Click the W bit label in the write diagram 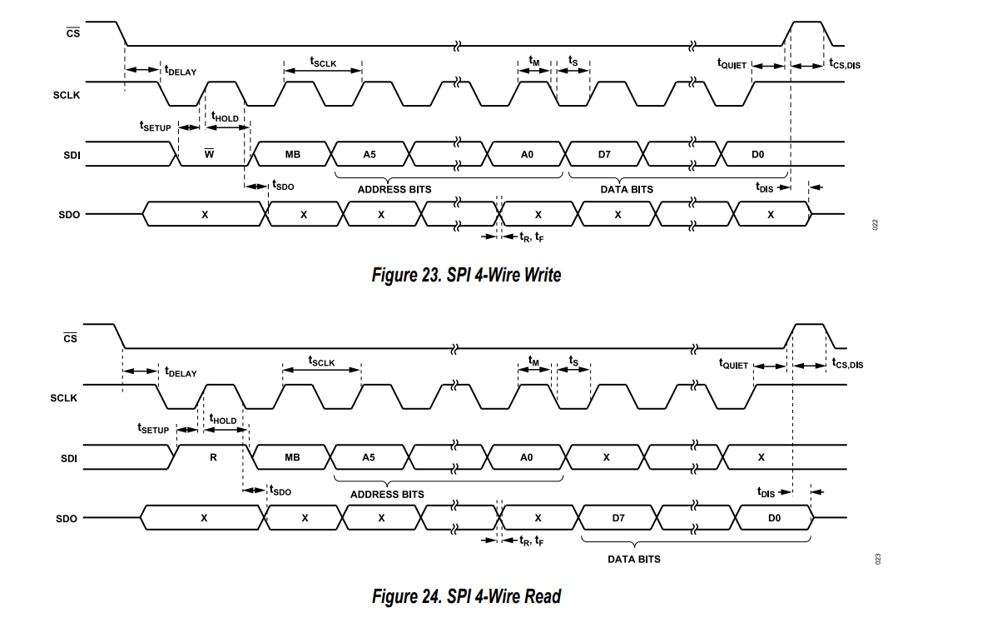(x=209, y=153)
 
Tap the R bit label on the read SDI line (x=213, y=457)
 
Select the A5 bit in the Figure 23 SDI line (x=370, y=154)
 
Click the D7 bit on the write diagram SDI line (x=604, y=154)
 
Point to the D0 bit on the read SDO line (x=774, y=518)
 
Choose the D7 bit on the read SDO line (x=618, y=518)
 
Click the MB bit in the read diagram (x=292, y=457)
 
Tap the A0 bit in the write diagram (x=527, y=154)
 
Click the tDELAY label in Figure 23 (x=181, y=71)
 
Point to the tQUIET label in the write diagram (x=732, y=63)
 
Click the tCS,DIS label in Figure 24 (x=847, y=363)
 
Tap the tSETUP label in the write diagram (x=155, y=126)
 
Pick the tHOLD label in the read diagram (x=222, y=419)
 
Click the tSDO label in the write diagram (x=283, y=185)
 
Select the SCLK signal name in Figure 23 (x=66, y=95)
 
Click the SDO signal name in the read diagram (x=66, y=519)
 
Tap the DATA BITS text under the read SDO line (x=634, y=560)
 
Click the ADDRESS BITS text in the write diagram (x=394, y=190)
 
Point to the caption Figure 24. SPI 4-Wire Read (x=466, y=596)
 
